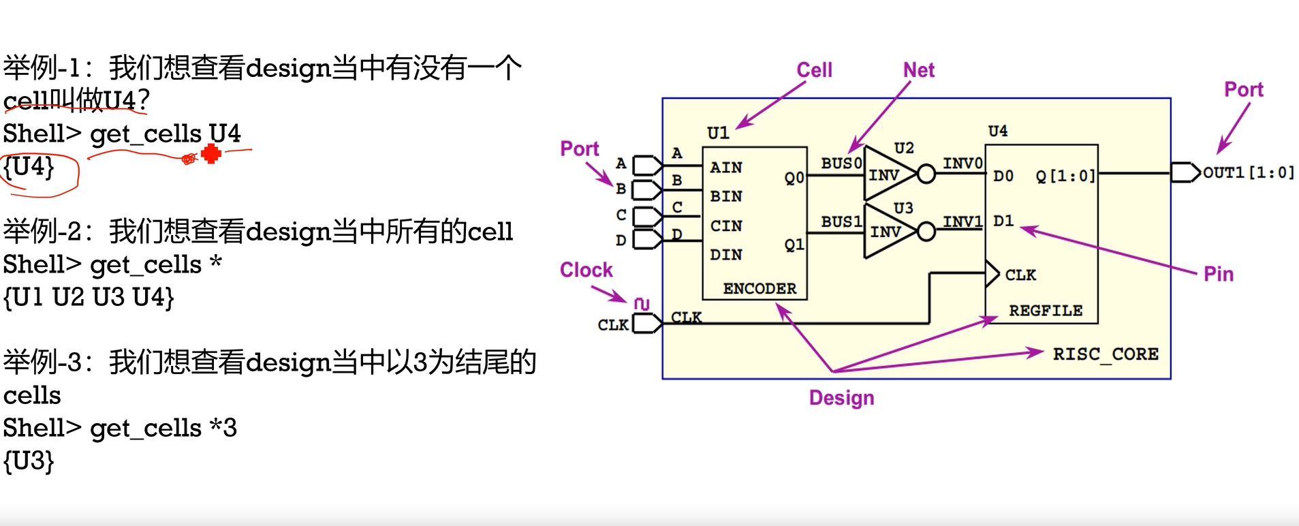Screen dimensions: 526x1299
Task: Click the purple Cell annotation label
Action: [x=814, y=69]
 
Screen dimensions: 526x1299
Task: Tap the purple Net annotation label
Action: [x=918, y=69]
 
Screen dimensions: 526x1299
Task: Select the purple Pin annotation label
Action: [x=1218, y=274]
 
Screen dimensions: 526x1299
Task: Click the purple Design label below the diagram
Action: [x=841, y=397]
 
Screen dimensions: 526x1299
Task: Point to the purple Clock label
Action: [x=586, y=270]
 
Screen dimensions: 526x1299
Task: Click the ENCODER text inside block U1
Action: [x=759, y=288]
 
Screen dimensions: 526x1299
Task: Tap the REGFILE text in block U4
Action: [x=1045, y=311]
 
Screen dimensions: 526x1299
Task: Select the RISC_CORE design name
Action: [x=1105, y=354]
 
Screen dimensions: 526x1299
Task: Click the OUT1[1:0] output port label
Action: [x=1248, y=172]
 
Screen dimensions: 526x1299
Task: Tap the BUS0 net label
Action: [x=841, y=164]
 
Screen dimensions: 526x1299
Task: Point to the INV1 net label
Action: [x=962, y=221]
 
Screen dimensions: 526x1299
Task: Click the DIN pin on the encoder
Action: [x=725, y=254]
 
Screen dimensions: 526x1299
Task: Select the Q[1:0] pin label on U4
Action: [x=1065, y=176]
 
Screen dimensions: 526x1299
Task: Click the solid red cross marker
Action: [x=211, y=154]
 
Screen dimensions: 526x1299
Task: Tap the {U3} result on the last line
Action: [x=29, y=461]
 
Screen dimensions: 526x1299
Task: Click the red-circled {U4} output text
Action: [x=29, y=167]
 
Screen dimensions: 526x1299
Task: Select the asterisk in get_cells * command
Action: [x=216, y=263]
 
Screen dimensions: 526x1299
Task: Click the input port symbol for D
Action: [x=647, y=239]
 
